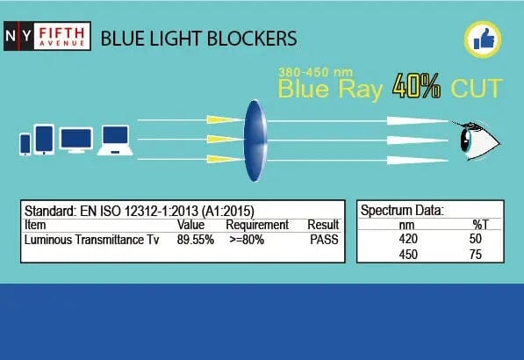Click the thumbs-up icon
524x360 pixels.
481,38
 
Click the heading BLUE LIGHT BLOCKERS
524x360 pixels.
198,39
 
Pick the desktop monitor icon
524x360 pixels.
76,140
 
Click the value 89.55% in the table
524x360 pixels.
196,238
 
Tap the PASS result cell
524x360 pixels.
323,238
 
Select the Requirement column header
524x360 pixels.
257,225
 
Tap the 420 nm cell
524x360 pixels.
409,239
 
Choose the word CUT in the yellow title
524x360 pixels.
477,89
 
